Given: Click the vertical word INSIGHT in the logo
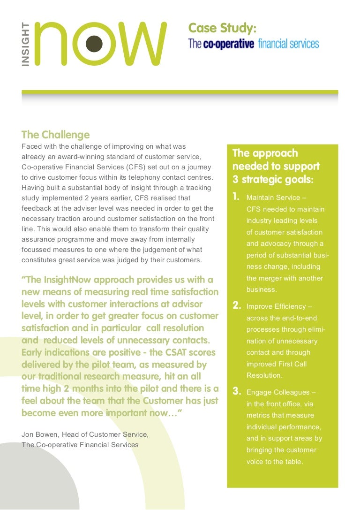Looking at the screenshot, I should [26, 44].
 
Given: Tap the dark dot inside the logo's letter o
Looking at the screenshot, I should [95, 43].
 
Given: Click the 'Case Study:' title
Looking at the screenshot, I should [222, 29].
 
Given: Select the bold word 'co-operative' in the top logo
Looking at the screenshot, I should [228, 44].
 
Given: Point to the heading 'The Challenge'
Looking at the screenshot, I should [55, 135].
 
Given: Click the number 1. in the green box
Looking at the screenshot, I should [237, 197].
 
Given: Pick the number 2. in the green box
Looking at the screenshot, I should [237, 306].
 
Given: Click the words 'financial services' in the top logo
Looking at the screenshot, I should [288, 44].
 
